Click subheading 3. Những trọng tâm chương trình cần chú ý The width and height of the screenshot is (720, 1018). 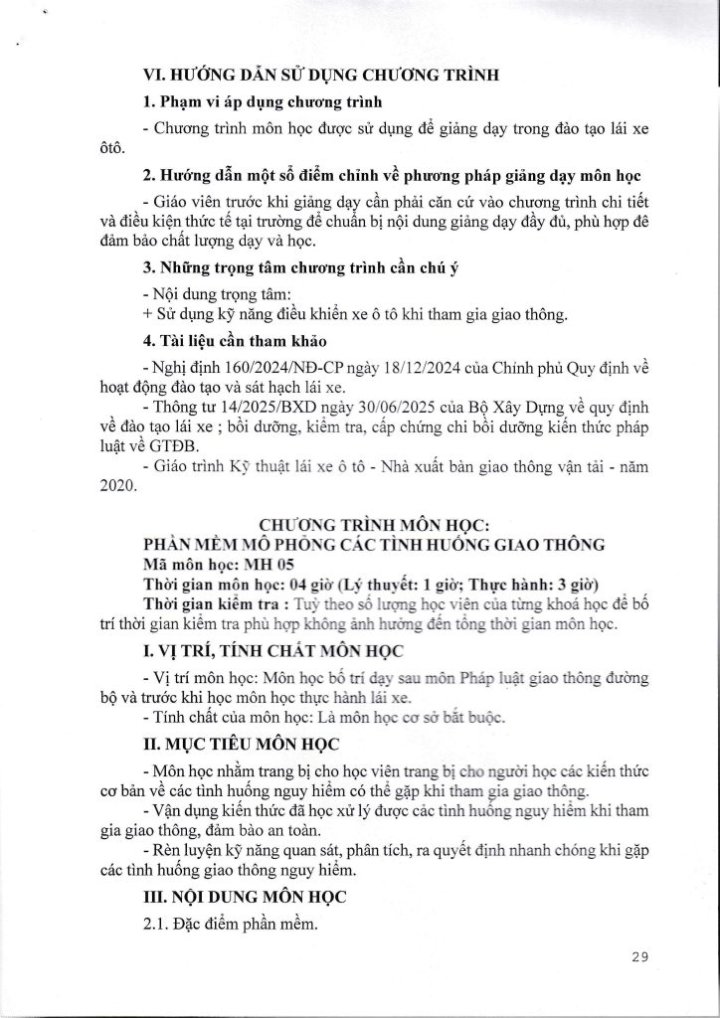[x=294, y=266]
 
